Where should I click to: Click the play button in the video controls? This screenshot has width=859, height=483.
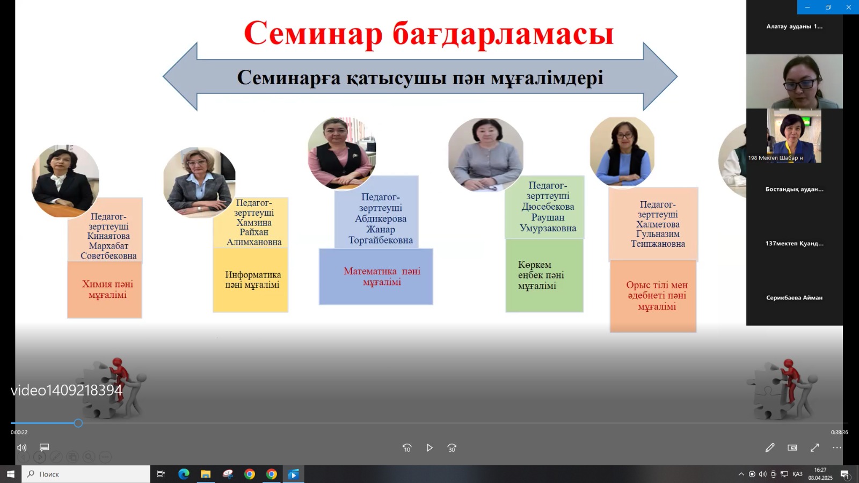pos(429,448)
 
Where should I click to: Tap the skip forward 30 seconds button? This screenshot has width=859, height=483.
pos(452,448)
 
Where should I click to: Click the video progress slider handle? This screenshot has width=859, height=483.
pos(78,423)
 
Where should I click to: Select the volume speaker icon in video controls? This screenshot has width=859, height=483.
pos(22,448)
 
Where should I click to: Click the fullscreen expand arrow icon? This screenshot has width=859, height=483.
pos(814,448)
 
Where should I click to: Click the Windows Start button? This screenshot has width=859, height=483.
pos(10,474)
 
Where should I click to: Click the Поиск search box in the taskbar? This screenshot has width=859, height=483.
pos(86,474)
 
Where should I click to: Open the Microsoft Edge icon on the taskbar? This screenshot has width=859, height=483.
pos(184,474)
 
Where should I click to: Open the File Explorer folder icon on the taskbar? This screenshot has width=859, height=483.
pos(206,474)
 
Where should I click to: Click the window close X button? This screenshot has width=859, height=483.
pos(848,7)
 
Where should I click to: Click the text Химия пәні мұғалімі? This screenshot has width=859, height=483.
pos(108,289)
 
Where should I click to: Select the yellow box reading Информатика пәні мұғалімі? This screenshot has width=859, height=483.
pos(250,280)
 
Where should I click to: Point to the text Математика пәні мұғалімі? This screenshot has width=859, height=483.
pos(382,276)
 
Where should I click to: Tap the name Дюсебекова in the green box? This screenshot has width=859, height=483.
pos(548,207)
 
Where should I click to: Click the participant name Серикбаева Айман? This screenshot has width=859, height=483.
pos(794,297)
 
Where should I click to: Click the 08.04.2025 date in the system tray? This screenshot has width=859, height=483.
pos(820,478)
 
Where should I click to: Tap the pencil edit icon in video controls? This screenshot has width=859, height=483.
pos(770,448)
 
